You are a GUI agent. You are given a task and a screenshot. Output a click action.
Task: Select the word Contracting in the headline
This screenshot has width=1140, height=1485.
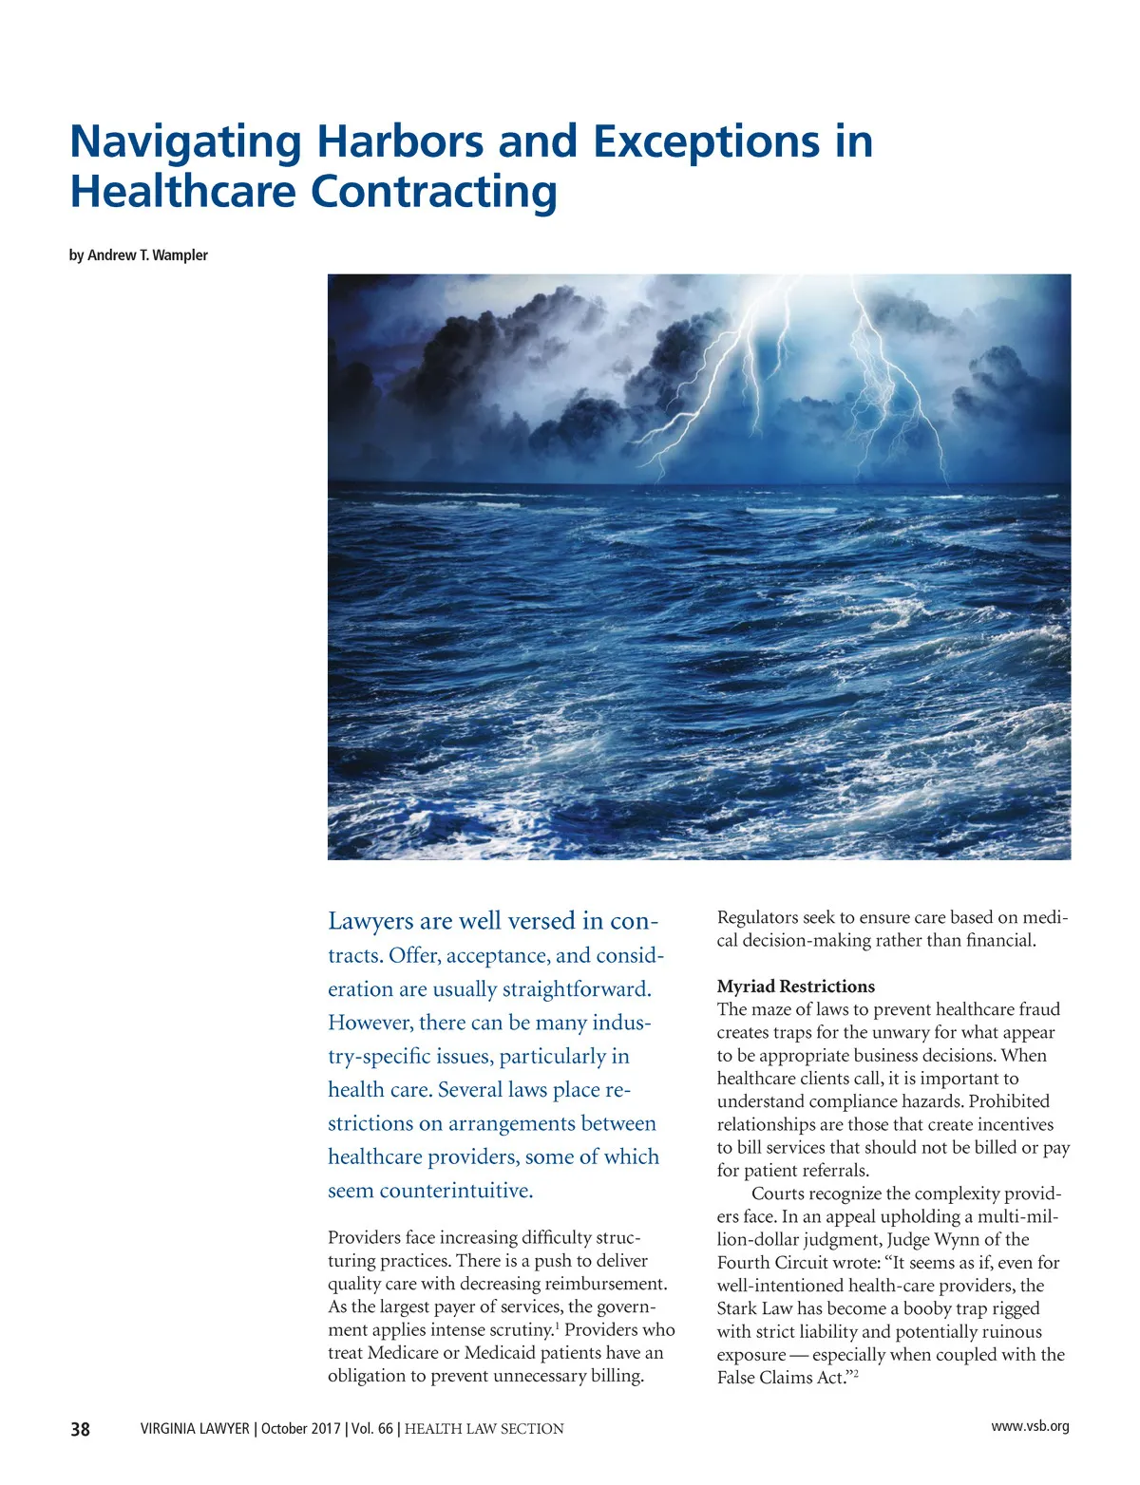coord(434,192)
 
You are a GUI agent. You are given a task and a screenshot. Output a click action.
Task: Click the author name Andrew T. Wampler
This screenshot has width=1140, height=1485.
coord(147,255)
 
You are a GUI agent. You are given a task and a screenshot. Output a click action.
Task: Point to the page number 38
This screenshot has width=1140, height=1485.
coord(81,1429)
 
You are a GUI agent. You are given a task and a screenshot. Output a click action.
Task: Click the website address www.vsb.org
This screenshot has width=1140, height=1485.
coord(1030,1426)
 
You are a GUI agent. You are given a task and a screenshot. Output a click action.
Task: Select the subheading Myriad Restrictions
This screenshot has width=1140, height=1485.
coord(795,987)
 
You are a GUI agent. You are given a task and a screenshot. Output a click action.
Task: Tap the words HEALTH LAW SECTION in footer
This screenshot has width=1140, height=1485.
coord(484,1429)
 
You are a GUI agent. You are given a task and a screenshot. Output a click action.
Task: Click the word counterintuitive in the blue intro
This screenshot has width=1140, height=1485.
coord(455,1191)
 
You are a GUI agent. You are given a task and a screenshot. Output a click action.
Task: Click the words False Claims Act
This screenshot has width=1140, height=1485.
coord(779,1378)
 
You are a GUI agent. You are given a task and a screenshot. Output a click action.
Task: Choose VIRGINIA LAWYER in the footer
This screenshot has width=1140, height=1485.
coord(195,1429)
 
